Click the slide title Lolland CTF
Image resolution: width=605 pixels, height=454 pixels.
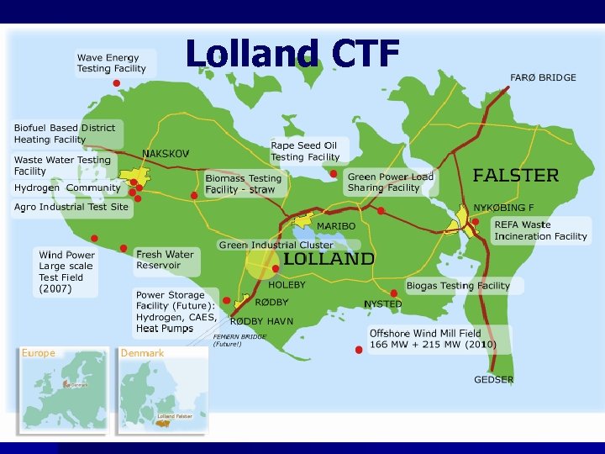pyautogui.click(x=292, y=54)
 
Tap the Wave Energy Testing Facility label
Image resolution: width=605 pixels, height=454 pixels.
pyautogui.click(x=112, y=63)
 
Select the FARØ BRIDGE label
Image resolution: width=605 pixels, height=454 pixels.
pyautogui.click(x=543, y=77)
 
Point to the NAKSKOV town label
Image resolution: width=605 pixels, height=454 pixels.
pyautogui.click(x=166, y=154)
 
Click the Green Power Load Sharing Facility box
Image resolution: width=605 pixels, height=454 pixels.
pyautogui.click(x=391, y=182)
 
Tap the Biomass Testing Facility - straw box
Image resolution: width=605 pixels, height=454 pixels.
pyautogui.click(x=244, y=184)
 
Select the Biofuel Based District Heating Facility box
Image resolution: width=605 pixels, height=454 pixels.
pyautogui.click(x=66, y=134)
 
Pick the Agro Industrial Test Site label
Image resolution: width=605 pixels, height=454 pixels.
pyautogui.click(x=71, y=207)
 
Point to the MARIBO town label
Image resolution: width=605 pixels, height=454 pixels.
pyautogui.click(x=335, y=226)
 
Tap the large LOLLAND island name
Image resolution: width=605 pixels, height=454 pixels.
pyautogui.click(x=328, y=259)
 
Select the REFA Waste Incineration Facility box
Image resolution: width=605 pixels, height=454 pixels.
pyautogui.click(x=540, y=230)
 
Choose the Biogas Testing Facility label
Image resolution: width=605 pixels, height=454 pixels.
pyautogui.click(x=458, y=286)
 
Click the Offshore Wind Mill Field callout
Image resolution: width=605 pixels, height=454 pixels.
pyautogui.click(x=433, y=339)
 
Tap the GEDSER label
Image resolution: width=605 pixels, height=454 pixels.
pyautogui.click(x=493, y=379)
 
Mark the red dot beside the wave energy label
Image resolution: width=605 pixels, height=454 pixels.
pyautogui.click(x=117, y=83)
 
